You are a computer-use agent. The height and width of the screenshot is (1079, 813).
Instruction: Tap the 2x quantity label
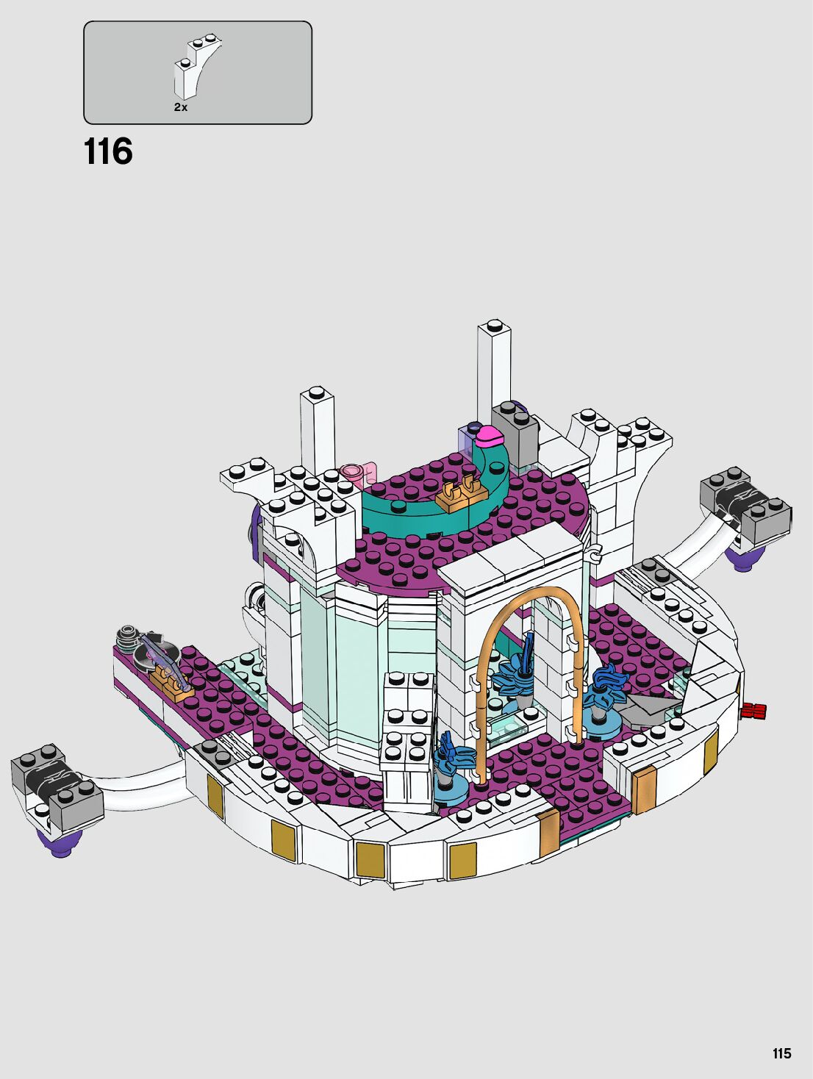pyautogui.click(x=180, y=107)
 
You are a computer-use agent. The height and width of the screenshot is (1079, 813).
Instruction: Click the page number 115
pyautogui.click(x=781, y=1049)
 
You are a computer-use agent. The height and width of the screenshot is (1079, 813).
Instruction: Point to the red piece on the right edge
pyautogui.click(x=753, y=710)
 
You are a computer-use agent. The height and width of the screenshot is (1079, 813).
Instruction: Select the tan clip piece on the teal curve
pyautogui.click(x=460, y=495)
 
